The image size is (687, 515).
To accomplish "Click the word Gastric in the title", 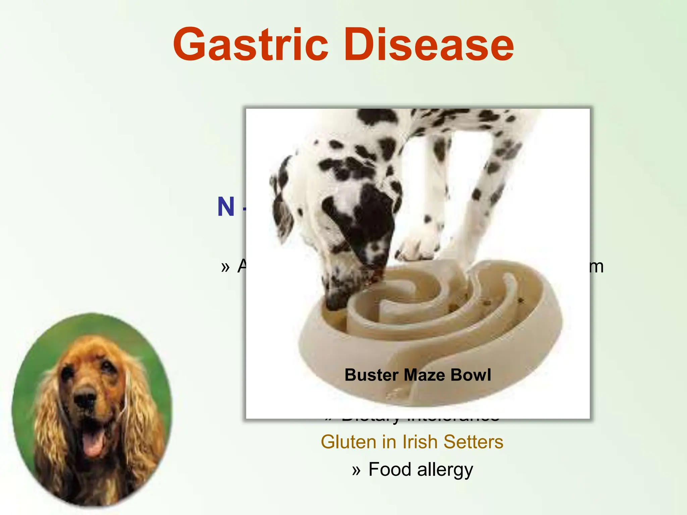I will pos(250,45).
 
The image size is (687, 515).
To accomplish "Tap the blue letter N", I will pos(226,207).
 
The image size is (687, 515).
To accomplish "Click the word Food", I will pos(389,469).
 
